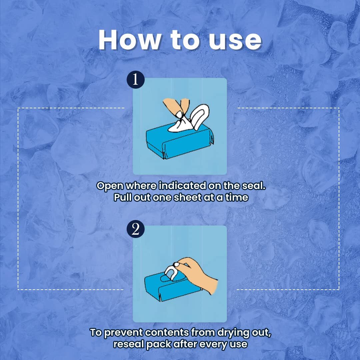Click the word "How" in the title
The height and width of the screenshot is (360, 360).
coord(129,40)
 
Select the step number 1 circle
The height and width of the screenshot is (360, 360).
coord(135,79)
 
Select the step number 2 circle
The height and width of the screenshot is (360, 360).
coord(135,229)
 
